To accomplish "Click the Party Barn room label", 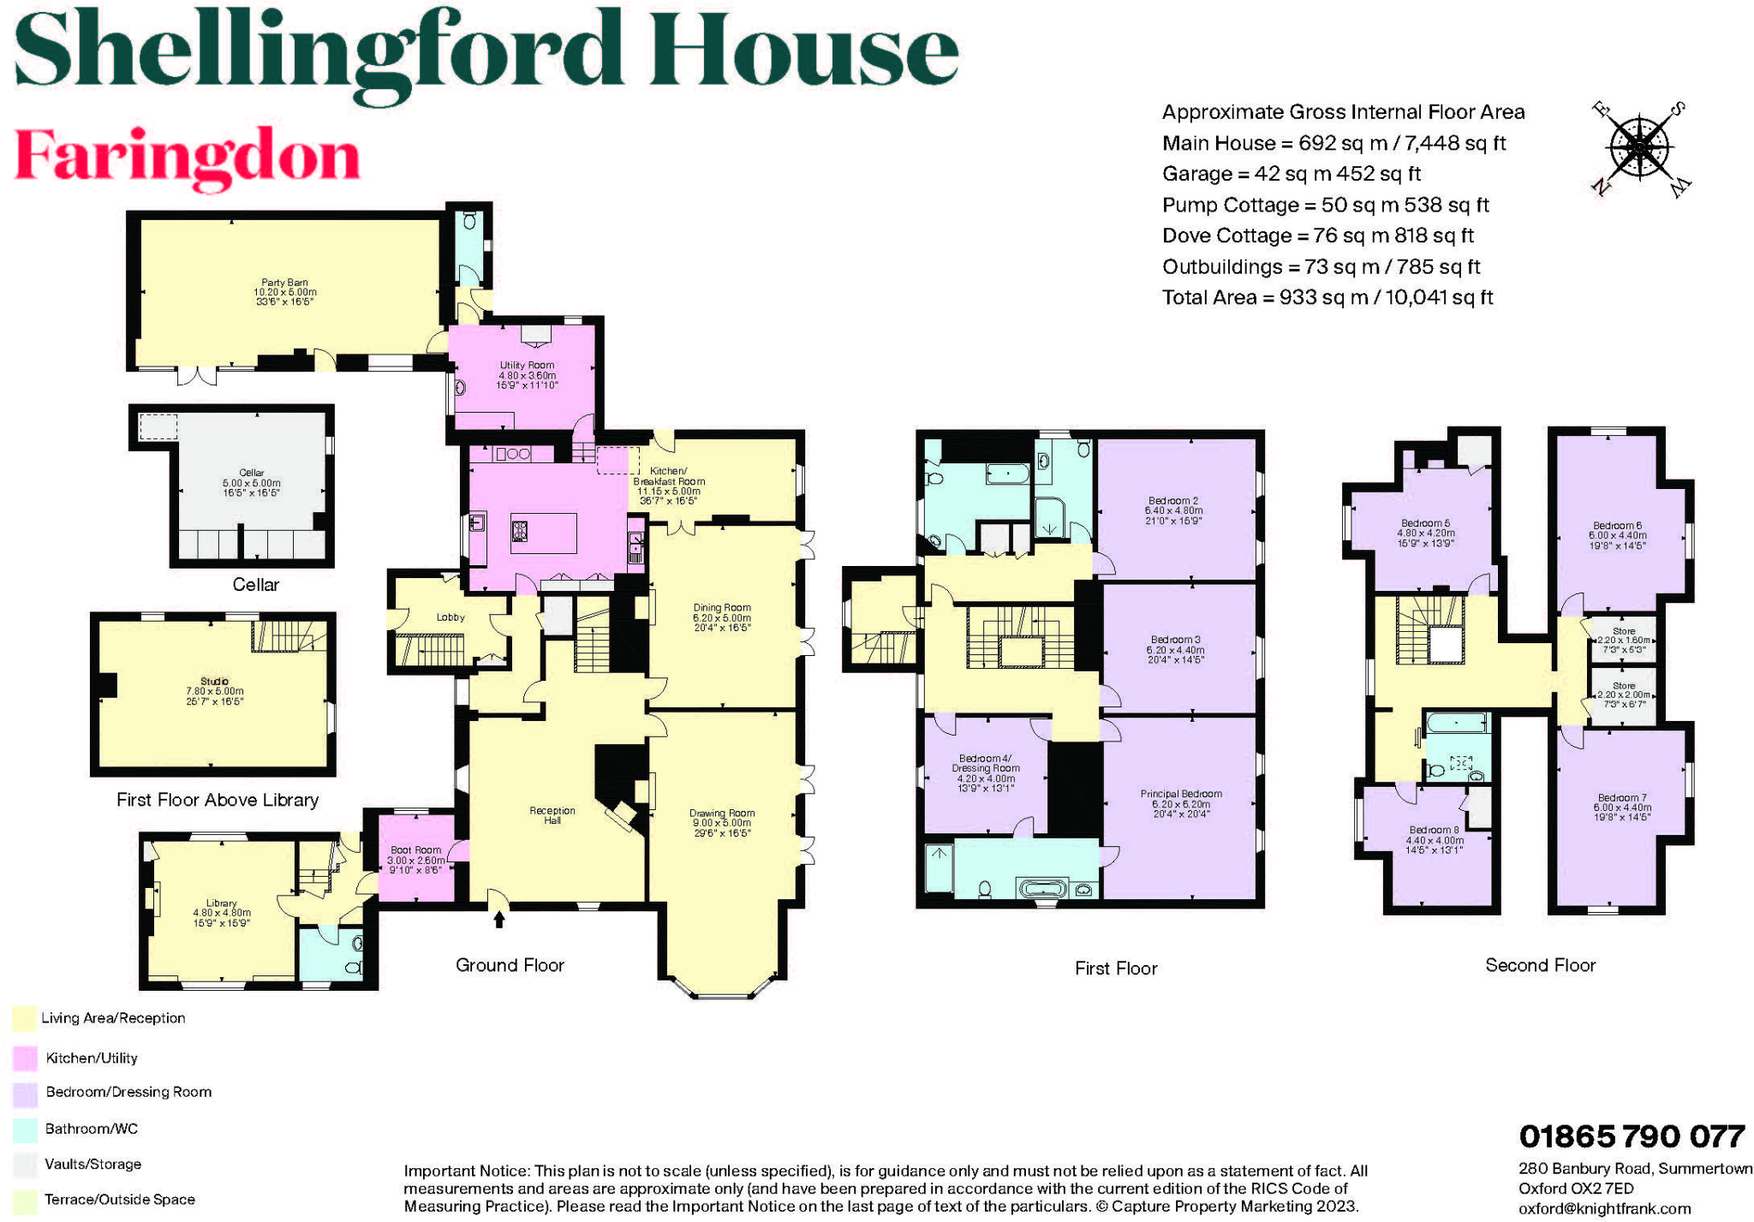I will tap(284, 291).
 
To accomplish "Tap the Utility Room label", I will tap(527, 374).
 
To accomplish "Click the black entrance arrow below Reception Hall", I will tap(499, 919).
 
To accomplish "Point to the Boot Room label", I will tap(416, 859).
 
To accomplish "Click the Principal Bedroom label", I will tap(1181, 803).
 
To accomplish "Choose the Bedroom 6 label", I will tap(1617, 534).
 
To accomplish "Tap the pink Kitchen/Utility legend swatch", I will tap(25, 1058).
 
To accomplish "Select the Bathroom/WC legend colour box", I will tap(25, 1129).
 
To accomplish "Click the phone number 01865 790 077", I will tap(1632, 1136).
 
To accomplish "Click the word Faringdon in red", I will tap(188, 157).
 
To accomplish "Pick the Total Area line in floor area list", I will tap(1327, 297).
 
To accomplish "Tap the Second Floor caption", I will tap(1540, 965).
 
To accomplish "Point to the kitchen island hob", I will tap(519, 532).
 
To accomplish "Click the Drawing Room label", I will tap(721, 822).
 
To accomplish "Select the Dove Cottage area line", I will tap(1317, 235).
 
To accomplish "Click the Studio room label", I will tap(214, 690).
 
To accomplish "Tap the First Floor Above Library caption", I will tap(218, 800).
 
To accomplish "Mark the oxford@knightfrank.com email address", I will tap(1604, 1208).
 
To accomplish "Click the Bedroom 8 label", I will tap(1434, 838).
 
